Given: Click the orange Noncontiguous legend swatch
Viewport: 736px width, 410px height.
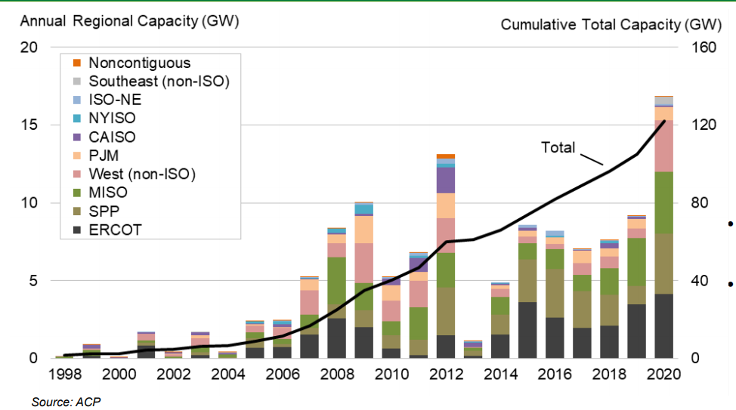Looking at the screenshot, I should pos(76,63).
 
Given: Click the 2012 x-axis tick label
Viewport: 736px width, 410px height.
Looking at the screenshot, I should pos(446,375).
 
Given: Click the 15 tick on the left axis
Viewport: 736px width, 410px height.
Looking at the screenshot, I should pos(28,125).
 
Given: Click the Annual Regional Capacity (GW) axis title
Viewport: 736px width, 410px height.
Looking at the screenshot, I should pos(129,21).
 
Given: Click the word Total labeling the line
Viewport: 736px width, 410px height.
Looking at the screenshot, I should pos(558,147).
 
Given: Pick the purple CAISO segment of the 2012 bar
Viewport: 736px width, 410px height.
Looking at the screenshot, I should pos(446,180).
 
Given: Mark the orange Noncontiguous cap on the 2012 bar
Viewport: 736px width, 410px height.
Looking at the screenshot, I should pos(446,156).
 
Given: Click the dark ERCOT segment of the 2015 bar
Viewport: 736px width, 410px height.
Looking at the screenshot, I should pos(527,330).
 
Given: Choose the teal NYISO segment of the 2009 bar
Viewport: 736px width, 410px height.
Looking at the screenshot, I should pos(364,209).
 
